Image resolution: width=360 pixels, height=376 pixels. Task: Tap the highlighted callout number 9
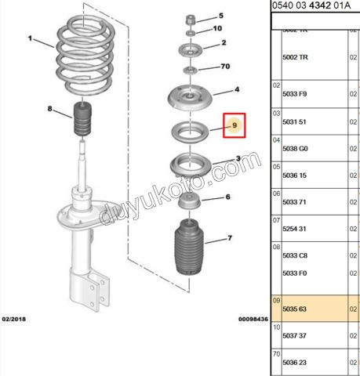(235, 125)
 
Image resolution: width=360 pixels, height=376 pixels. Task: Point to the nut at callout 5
(191, 17)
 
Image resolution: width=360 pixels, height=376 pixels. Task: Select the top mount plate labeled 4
(188, 101)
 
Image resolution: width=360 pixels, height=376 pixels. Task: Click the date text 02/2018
(15, 320)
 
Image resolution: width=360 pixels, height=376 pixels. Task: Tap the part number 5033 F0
(295, 273)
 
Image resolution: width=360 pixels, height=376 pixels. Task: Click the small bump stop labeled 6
(188, 203)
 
